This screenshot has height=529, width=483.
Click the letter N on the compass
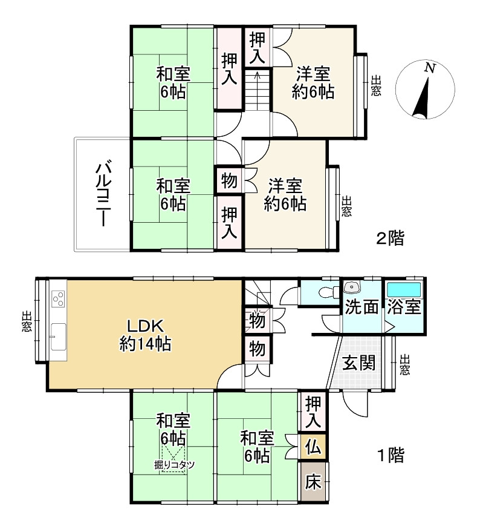[x=430, y=68]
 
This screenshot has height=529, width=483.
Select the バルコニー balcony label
[x=103, y=193]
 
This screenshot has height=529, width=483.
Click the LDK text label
[x=145, y=324]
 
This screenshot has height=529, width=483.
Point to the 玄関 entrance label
[x=359, y=363]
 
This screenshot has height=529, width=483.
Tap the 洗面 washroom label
[x=361, y=307]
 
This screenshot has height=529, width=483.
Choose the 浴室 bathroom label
[x=404, y=307]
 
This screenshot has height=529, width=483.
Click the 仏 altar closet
[x=313, y=447]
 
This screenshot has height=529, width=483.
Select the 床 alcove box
[x=313, y=482]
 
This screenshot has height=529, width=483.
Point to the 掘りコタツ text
[x=174, y=465]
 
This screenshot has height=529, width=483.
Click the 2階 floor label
[x=390, y=238]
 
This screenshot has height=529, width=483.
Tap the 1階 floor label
[x=390, y=455]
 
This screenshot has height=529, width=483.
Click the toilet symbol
[x=325, y=291]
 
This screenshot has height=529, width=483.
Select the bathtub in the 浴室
[x=404, y=288]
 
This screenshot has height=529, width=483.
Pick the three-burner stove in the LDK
[x=59, y=298]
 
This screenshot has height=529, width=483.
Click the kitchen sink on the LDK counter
[x=59, y=337]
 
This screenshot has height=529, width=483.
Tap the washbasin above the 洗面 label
[x=351, y=287]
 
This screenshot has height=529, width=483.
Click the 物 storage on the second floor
[x=229, y=180]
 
